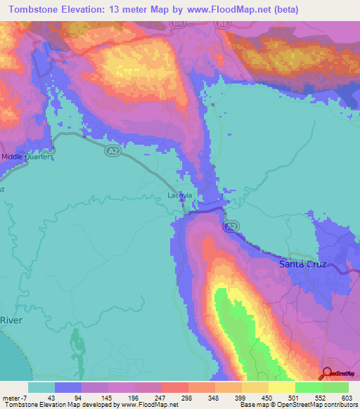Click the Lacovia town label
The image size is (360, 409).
[x=179, y=196]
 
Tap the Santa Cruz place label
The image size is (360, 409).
[x=302, y=264]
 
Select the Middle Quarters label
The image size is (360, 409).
[x=27, y=157]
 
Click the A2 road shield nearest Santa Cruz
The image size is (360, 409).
[x=231, y=228]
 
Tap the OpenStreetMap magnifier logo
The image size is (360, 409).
[x=327, y=372]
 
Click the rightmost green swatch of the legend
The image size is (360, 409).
[x=335, y=387]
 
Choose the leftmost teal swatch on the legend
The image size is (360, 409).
[x=41, y=387]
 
